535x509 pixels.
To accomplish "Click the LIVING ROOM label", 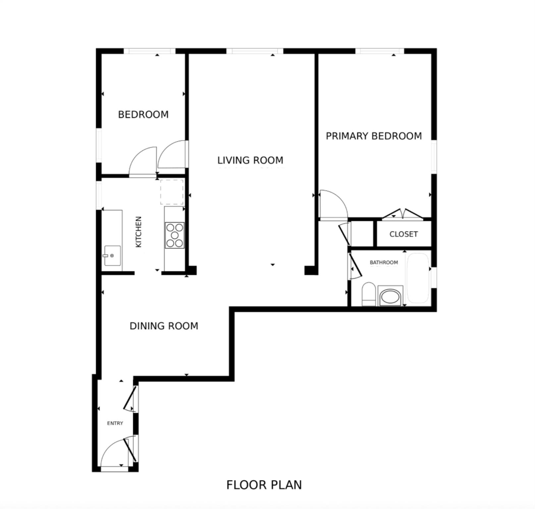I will click(x=250, y=160).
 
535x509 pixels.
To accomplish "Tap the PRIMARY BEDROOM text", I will click(x=374, y=136).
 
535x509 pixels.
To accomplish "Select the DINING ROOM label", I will click(x=164, y=326).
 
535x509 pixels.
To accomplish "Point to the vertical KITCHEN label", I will click(x=139, y=232).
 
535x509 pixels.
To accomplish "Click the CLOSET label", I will click(x=403, y=234).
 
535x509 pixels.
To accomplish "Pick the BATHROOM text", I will click(x=384, y=262).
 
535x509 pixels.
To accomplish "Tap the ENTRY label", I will click(x=115, y=423).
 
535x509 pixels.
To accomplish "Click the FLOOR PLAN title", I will click(x=264, y=485).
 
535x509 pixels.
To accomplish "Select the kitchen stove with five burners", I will click(x=175, y=235).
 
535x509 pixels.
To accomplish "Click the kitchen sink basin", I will click(x=112, y=255).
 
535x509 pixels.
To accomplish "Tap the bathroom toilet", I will click(x=368, y=294).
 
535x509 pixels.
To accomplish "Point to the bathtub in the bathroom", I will click(x=418, y=278).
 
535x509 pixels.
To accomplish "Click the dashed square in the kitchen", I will click(x=172, y=192).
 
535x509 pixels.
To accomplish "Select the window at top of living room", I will click(x=254, y=51).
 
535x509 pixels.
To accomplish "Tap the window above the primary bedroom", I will click(x=380, y=51).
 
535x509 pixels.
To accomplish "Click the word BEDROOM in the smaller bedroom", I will click(x=143, y=114).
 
